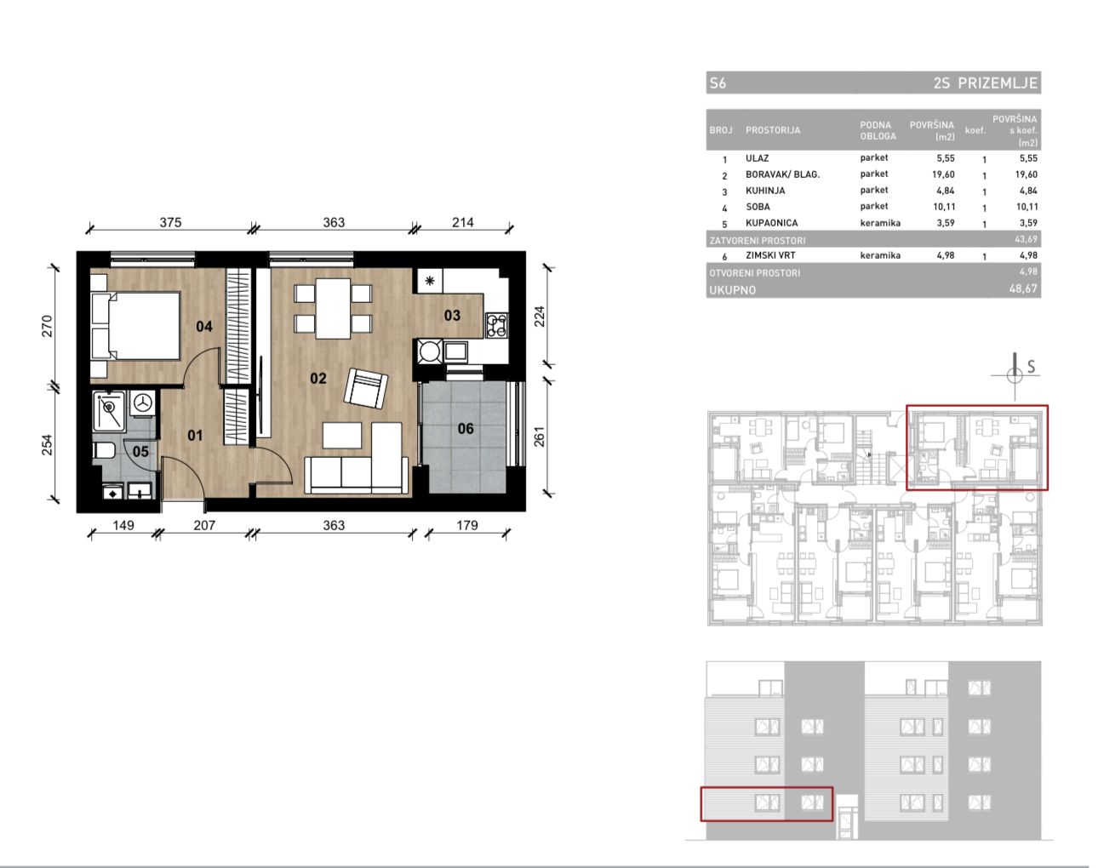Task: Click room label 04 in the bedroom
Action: [x=204, y=327]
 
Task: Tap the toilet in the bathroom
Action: [x=104, y=450]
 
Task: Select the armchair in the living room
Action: [x=365, y=388]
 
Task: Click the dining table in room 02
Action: [x=333, y=308]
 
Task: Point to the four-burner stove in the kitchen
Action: [x=496, y=325]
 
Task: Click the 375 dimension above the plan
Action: [x=170, y=222]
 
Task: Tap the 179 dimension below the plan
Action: [x=466, y=525]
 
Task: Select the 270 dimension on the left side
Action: [x=47, y=326]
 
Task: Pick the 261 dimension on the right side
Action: [x=539, y=437]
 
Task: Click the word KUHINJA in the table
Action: [x=765, y=191]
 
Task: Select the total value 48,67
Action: [x=1023, y=288]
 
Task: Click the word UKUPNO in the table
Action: [x=732, y=290]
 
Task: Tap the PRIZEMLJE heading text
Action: [x=998, y=83]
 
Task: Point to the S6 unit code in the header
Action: [x=718, y=83]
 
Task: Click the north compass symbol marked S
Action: [x=1015, y=376]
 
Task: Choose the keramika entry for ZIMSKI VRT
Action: [x=880, y=255]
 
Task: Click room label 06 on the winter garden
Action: [x=466, y=429]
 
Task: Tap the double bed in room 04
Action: [x=135, y=326]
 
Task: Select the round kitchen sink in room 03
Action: [x=429, y=351]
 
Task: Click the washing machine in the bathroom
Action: [x=143, y=403]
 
